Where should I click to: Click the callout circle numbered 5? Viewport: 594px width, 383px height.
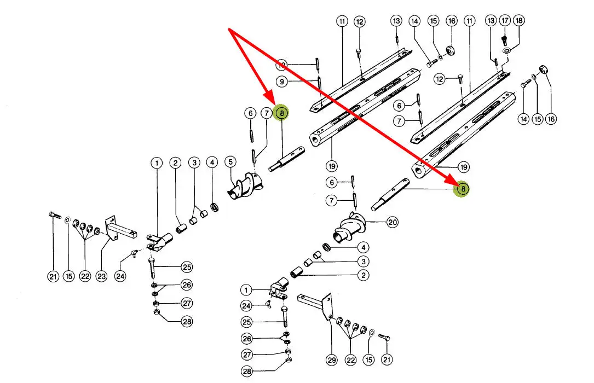point(230,162)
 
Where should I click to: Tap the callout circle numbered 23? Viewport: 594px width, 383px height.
point(101,277)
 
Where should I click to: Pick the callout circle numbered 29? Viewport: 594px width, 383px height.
point(332,359)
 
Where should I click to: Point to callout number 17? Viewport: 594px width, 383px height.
point(505,21)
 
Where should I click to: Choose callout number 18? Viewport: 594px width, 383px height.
point(519,21)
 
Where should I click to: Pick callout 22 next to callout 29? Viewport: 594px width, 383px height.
point(350,359)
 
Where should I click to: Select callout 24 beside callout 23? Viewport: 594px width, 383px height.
point(120,277)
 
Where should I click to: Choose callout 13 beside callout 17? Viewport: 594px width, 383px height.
point(491,21)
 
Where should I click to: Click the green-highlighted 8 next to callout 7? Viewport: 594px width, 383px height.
point(281,113)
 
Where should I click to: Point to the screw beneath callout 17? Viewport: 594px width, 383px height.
point(505,39)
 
